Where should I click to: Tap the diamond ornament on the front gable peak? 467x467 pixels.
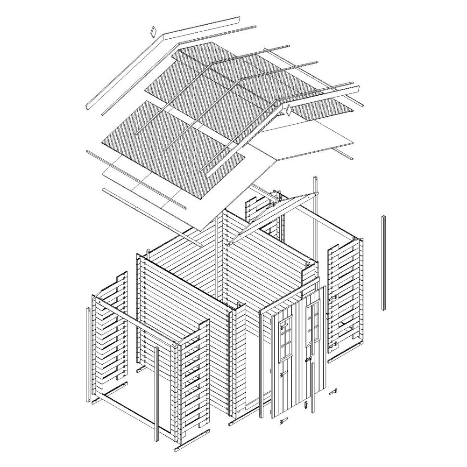289,110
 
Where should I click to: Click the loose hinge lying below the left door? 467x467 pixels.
283,421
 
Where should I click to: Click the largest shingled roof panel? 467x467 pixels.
173,149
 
